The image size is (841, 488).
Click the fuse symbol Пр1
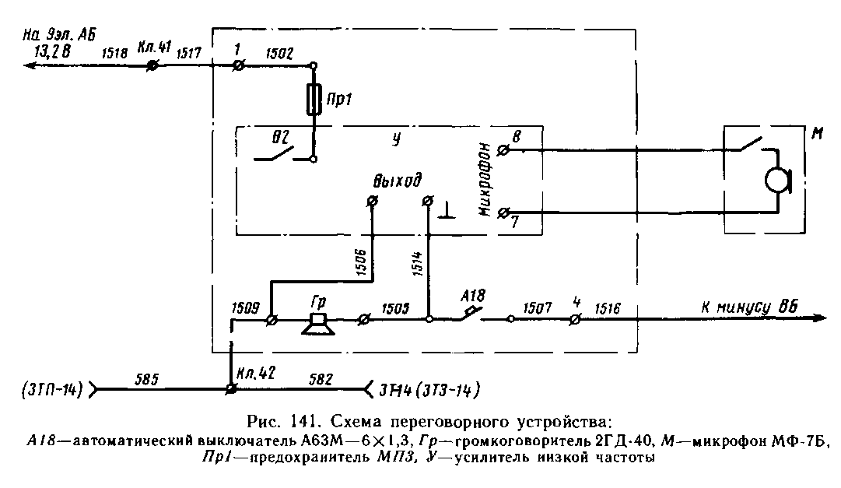pyautogui.click(x=314, y=101)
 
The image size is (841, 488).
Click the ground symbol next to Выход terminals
pyautogui.click(x=447, y=211)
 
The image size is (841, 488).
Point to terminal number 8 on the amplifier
pyautogui.click(x=517, y=136)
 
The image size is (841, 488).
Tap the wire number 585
pyautogui.click(x=147, y=379)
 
